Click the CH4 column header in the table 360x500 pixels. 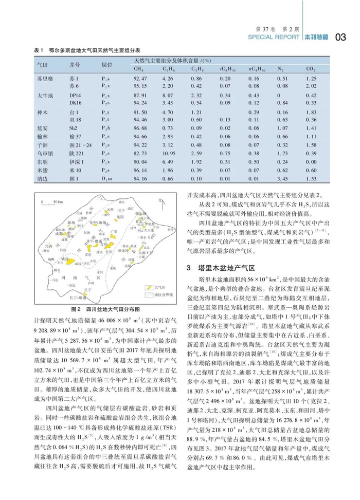tap(138, 69)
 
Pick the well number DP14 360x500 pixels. tap(76, 96)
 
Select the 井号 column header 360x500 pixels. tap(75, 65)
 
